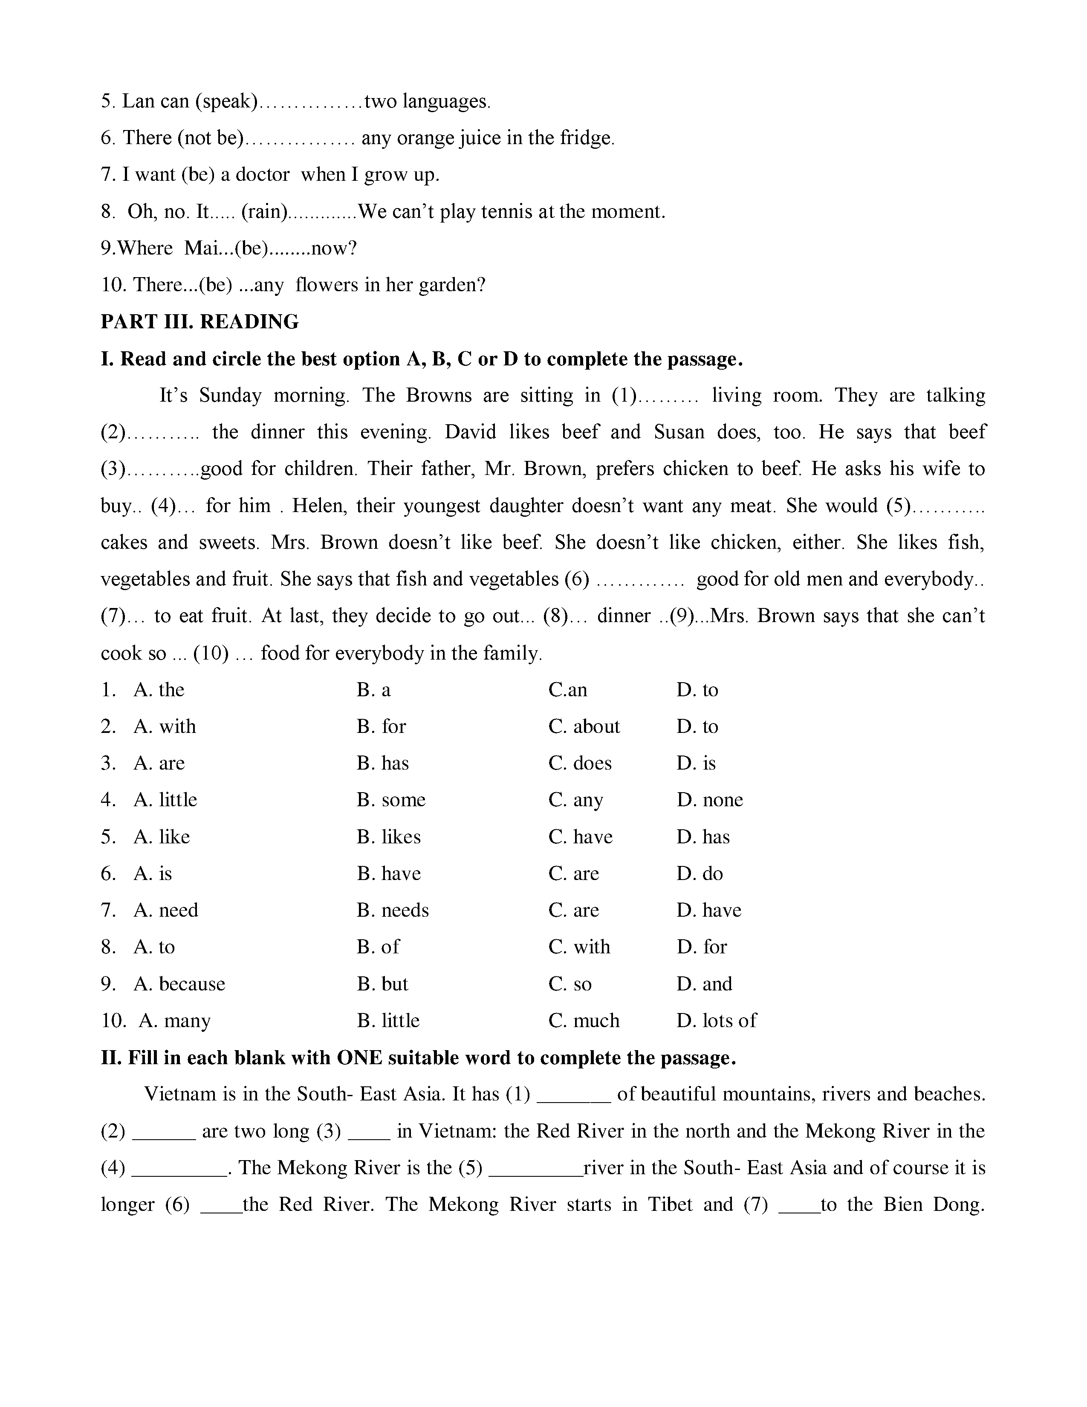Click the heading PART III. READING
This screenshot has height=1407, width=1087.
pos(199,321)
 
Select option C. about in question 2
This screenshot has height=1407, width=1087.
pos(584,727)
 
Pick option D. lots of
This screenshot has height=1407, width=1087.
pos(716,1020)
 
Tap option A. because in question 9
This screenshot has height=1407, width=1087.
pos(179,984)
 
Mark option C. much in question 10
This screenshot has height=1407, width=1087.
pos(584,1020)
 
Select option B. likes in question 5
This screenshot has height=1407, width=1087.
pos(388,837)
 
